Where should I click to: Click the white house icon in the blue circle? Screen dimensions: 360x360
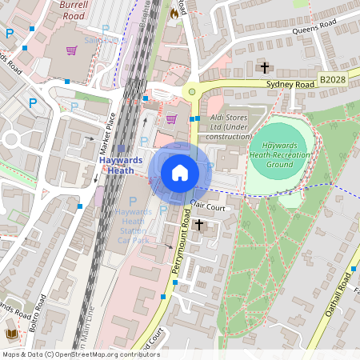click(180, 173)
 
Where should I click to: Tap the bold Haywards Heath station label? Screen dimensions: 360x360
click(122, 164)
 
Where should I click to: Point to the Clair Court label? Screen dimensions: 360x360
click(210, 205)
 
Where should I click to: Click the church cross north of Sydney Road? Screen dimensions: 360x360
click(265, 67)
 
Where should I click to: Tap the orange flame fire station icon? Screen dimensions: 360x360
click(174, 13)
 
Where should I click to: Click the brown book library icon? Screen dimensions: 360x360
click(11, 334)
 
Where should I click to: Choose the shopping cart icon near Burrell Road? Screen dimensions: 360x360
click(72, 50)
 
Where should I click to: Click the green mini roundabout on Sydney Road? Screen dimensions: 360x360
click(191, 92)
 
